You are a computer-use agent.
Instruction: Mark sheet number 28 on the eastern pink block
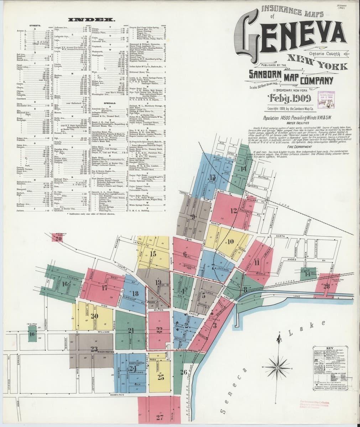pos(326,286)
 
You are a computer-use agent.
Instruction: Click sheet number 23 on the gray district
pos(94,348)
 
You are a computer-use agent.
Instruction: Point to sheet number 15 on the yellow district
pos(153,254)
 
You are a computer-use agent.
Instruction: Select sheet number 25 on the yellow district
pos(161,377)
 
